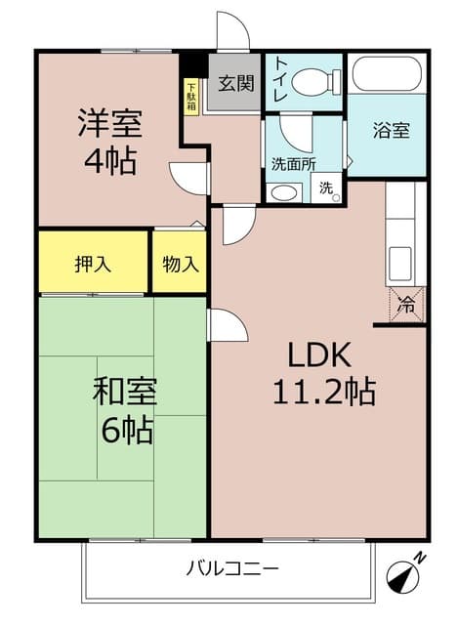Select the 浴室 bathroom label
pos(392,131)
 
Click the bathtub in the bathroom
pos(386,73)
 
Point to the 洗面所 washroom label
pos(293,164)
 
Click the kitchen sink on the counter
pos(401,263)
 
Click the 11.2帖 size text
pos(323,393)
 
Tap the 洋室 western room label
pos(110,124)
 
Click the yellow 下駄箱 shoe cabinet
pos(191,95)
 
